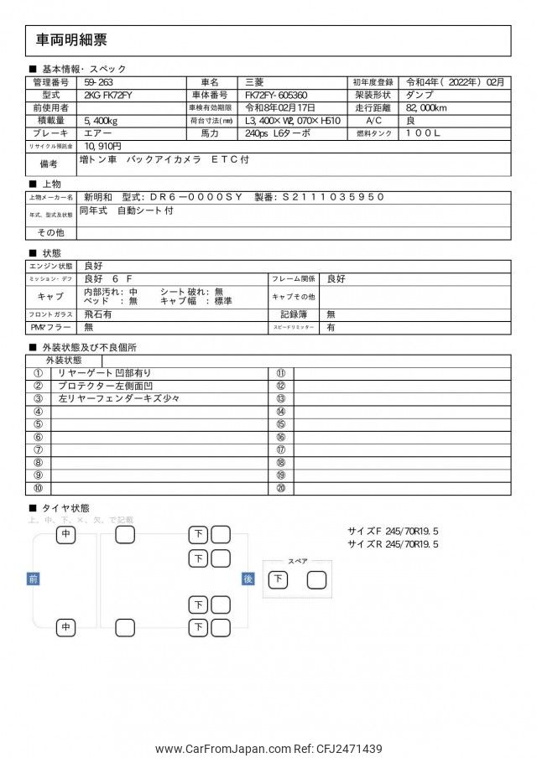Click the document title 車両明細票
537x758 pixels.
(71, 40)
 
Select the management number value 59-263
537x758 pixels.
(100, 82)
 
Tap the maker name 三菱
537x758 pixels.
(253, 82)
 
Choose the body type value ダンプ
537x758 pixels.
(420, 96)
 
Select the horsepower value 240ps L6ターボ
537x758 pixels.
(278, 133)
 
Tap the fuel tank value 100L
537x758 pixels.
(424, 133)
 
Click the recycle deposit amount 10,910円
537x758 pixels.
(102, 146)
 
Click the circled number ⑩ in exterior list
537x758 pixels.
(38, 488)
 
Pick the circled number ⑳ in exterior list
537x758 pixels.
(281, 488)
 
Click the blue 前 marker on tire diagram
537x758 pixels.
(33, 579)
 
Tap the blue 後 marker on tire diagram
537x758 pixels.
(248, 579)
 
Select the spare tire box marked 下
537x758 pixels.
(278, 579)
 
